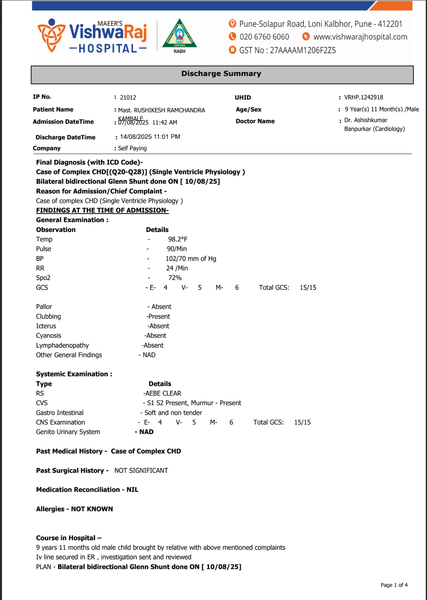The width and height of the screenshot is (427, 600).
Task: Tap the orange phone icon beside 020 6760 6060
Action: pos(233,37)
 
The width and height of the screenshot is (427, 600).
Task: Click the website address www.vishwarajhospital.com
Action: pos(360,37)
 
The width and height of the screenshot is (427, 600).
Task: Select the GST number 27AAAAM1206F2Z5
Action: pos(303,51)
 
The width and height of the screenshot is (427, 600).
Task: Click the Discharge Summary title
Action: pos(221,74)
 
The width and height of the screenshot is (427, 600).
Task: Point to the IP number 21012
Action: pos(128,97)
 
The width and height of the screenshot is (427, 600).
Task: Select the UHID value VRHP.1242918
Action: pos(363,97)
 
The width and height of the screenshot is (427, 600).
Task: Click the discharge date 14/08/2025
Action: pos(136,137)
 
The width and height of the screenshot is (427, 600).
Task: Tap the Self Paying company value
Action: pos(132,148)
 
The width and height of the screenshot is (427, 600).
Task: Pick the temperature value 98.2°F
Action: pos(178,240)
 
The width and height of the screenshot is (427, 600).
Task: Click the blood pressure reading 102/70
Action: pos(175,259)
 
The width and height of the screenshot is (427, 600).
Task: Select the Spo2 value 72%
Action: pos(175,278)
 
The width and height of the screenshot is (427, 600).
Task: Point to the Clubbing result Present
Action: pos(159,317)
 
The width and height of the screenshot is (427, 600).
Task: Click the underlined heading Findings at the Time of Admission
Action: pos(102,210)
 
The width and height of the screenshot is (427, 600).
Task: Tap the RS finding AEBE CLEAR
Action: pos(163,394)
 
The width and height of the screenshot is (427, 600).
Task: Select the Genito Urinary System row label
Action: pos(68,432)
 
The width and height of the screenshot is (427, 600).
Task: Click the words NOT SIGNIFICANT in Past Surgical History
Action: pos(141,471)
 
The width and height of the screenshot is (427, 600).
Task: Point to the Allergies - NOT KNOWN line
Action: pos(74,509)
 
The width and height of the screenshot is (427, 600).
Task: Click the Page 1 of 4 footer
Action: pos(394,585)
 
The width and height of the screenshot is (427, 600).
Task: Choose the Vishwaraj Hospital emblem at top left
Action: pos(51,36)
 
